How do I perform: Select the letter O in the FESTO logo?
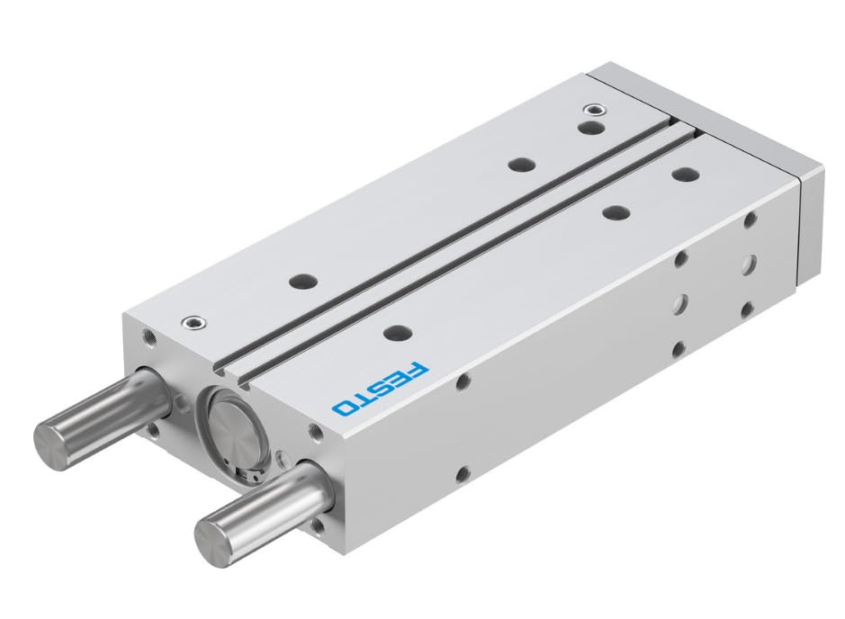pos(343,406)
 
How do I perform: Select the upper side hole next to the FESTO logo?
pos(462,382)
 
